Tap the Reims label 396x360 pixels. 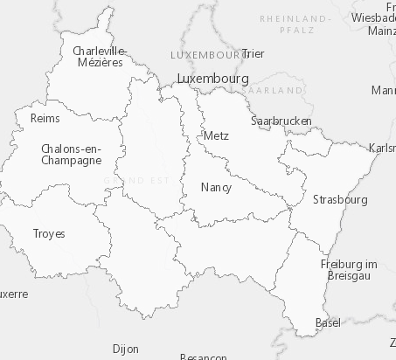pyautogui.click(x=45, y=118)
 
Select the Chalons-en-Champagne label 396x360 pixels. pyautogui.click(x=71, y=155)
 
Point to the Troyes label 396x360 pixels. pyautogui.click(x=48, y=233)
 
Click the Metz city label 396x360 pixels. pyautogui.click(x=215, y=135)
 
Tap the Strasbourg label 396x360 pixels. pyautogui.click(x=339, y=199)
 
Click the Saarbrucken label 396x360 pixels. pyautogui.click(x=281, y=121)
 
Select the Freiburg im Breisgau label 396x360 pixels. pyautogui.click(x=348, y=269)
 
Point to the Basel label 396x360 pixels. pyautogui.click(x=328, y=323)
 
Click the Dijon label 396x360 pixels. pyautogui.click(x=125, y=349)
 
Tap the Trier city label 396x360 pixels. pyautogui.click(x=253, y=53)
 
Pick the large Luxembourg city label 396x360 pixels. pyautogui.click(x=212, y=78)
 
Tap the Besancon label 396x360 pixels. pyautogui.click(x=203, y=357)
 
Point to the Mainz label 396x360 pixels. pyautogui.click(x=383, y=31)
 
